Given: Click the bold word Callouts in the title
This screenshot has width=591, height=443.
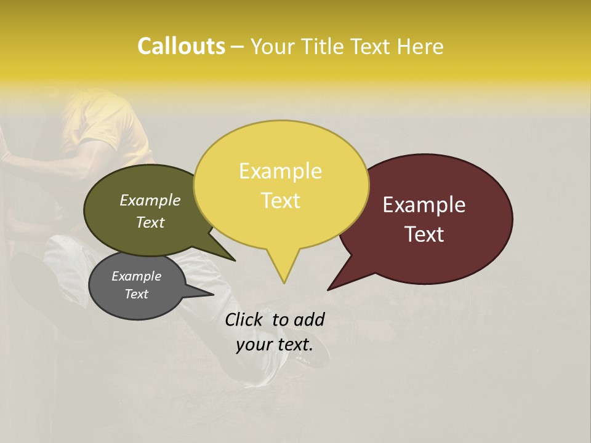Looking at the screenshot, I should (181, 46).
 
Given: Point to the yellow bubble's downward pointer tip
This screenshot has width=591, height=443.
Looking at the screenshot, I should (284, 282).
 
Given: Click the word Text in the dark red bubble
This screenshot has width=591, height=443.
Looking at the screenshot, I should (425, 234).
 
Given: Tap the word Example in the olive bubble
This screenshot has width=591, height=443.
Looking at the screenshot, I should (150, 200).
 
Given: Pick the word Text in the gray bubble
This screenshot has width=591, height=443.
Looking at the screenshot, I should (137, 294).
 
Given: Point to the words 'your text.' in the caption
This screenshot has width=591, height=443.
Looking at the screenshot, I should (275, 345).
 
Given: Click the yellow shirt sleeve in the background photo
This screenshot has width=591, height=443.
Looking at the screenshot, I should (111, 123).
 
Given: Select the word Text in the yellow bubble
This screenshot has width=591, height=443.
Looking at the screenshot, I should (281, 201).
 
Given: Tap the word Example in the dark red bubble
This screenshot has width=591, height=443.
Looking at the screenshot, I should (424, 205).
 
